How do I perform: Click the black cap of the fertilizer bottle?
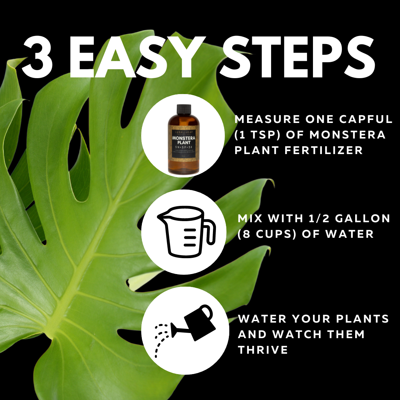click(x=184, y=109)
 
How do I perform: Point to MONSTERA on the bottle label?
click(x=184, y=138)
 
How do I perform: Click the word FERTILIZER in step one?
click(x=326, y=150)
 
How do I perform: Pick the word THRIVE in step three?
click(x=263, y=350)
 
